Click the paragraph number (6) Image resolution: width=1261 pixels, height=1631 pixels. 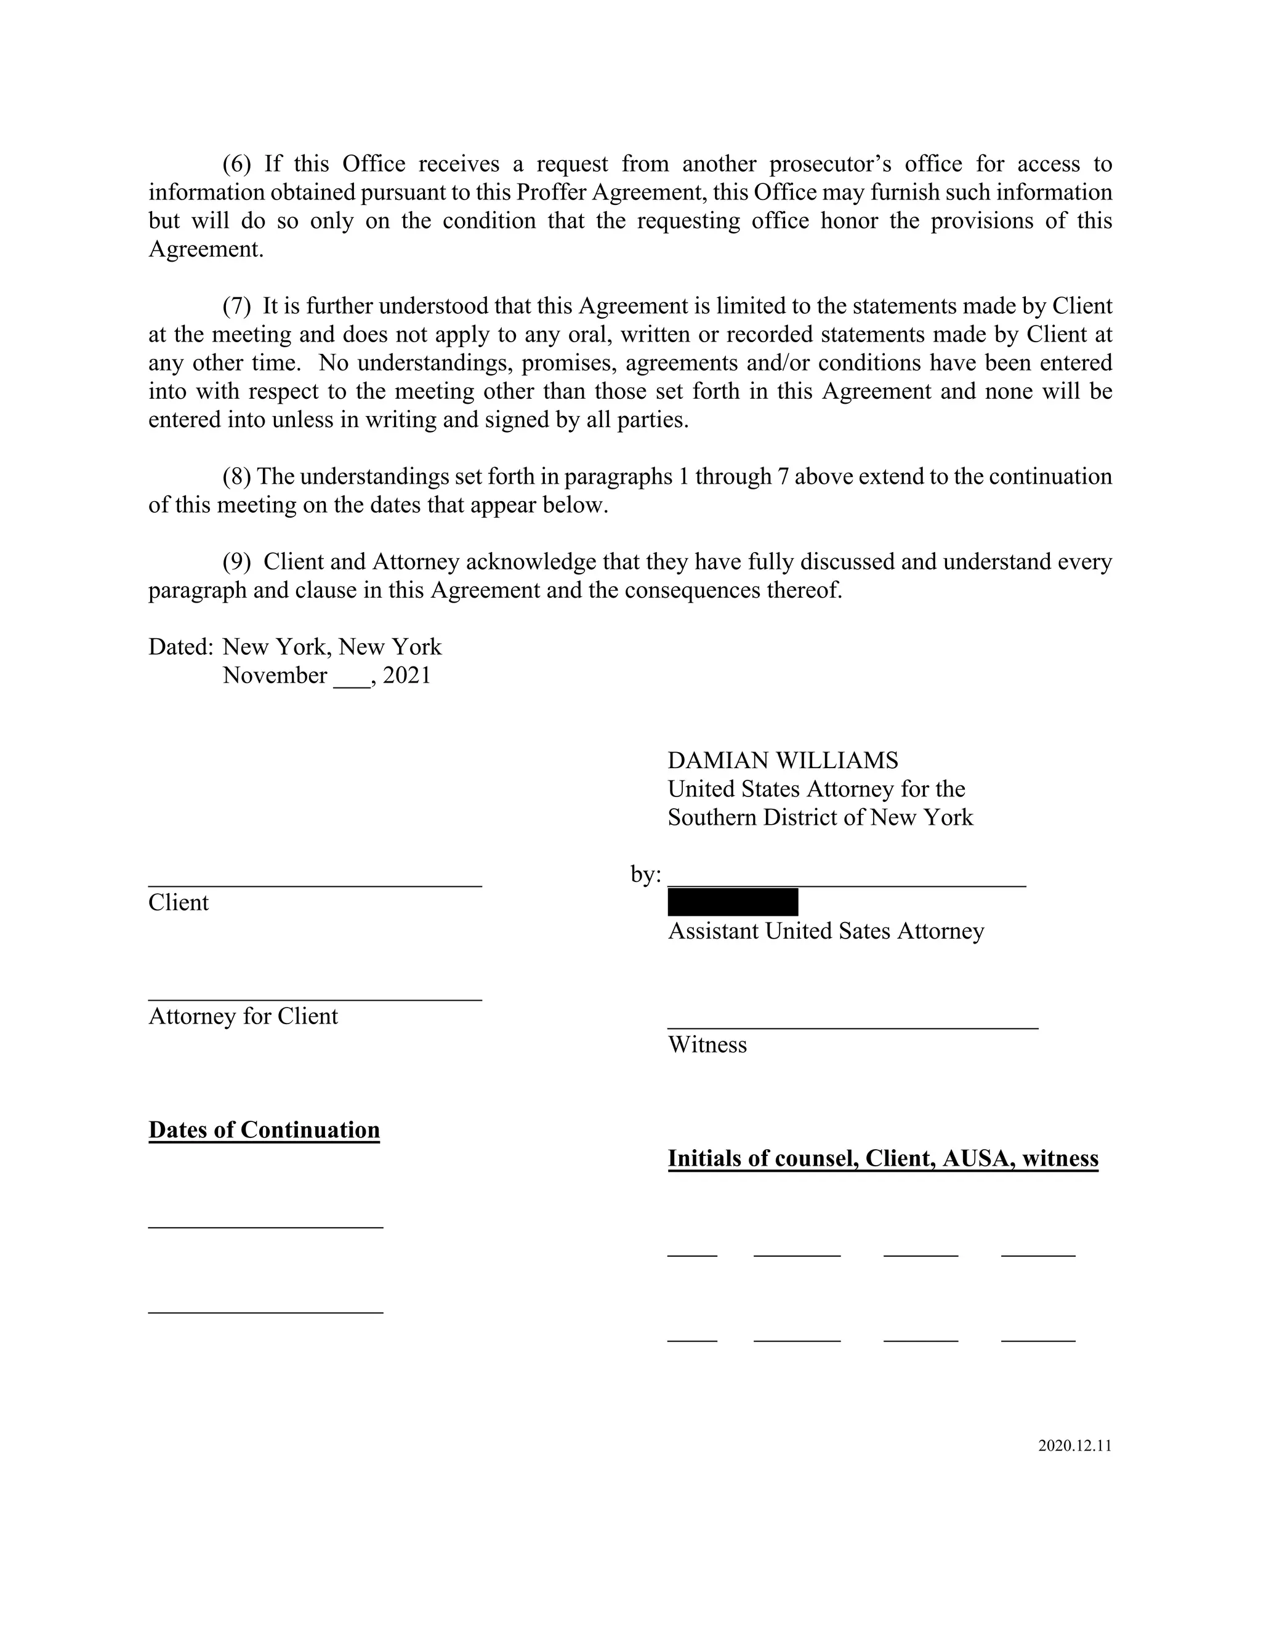click(x=237, y=164)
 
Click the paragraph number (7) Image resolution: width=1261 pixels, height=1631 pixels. click(x=237, y=306)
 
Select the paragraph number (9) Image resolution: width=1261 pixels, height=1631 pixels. click(x=237, y=561)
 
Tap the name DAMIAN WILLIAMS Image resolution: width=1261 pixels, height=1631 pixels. click(x=782, y=760)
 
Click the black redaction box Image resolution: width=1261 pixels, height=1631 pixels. click(x=732, y=902)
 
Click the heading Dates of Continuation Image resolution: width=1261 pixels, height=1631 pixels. click(x=264, y=1130)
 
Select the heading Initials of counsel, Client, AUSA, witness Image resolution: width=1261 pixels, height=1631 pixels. click(x=882, y=1158)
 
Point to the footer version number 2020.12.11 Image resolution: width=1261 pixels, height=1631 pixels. click(x=1074, y=1446)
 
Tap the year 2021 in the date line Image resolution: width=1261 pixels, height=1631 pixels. click(x=407, y=676)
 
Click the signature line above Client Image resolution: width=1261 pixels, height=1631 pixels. click(x=315, y=886)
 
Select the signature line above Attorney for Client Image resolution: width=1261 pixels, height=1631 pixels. click(x=315, y=999)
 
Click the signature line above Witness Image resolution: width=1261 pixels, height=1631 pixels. click(x=852, y=1028)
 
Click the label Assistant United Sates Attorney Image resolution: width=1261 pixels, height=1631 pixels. click(x=826, y=931)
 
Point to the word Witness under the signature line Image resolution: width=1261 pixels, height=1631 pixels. click(x=707, y=1045)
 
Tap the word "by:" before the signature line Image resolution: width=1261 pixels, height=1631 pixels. click(x=645, y=875)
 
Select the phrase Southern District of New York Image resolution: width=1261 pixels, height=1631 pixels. click(x=820, y=818)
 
